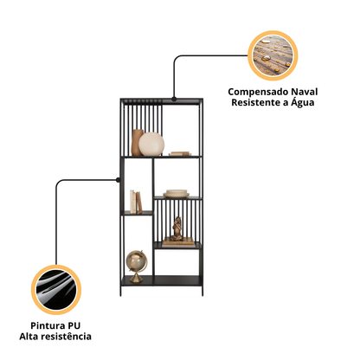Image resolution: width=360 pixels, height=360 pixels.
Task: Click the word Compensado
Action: [258, 93]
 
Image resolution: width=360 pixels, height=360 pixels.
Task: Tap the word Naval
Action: [304, 92]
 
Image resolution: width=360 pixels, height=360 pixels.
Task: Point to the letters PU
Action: [74, 325]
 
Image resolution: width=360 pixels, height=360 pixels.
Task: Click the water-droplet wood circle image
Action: [273, 55]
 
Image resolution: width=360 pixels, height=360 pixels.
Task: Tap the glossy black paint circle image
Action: [56, 290]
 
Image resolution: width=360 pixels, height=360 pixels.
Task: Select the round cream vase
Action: [151, 145]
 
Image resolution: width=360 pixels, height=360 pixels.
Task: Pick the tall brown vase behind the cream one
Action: [137, 142]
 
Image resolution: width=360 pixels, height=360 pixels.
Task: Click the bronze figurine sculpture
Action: [177, 229]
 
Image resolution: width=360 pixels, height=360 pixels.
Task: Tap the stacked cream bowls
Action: [177, 193]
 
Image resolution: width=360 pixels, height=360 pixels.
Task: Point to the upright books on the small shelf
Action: [136, 202]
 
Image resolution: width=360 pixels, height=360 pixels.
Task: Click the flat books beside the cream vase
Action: [180, 154]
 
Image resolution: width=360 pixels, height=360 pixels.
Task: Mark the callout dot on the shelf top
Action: [174, 99]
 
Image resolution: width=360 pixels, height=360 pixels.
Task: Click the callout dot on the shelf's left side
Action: [118, 180]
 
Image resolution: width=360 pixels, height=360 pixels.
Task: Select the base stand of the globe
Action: [136, 278]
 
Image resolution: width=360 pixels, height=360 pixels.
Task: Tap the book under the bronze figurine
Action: [179, 242]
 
